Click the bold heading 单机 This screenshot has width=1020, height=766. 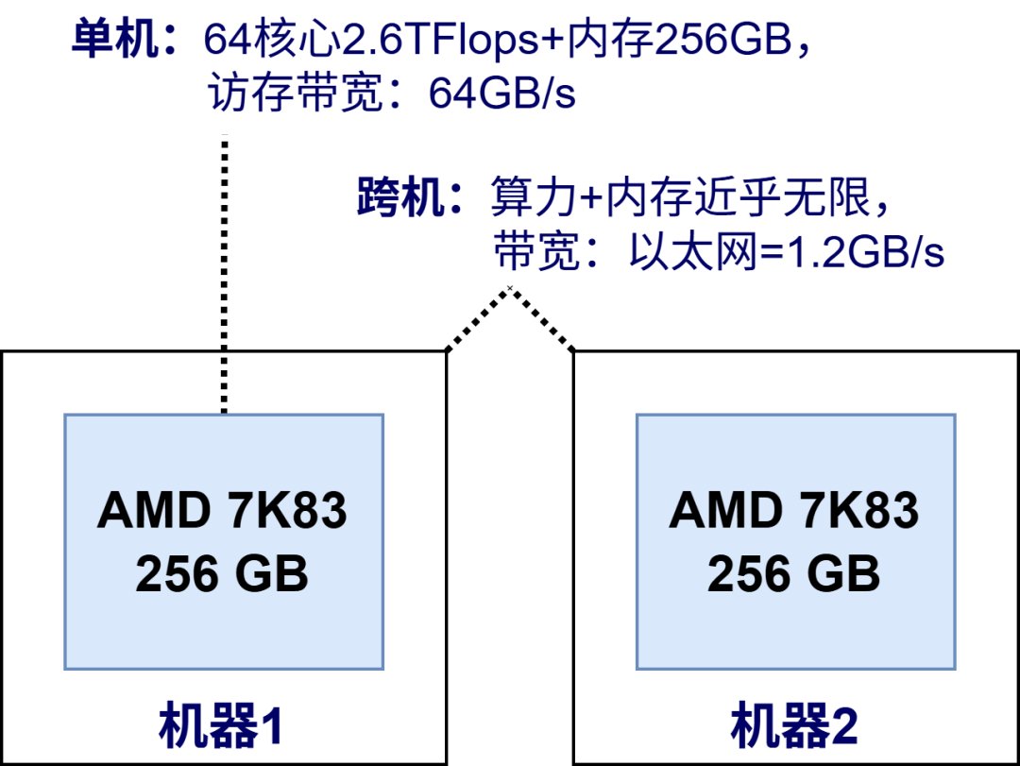(114, 39)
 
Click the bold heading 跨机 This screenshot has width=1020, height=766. (400, 196)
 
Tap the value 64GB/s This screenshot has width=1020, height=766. (501, 94)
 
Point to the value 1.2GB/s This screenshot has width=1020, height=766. (865, 252)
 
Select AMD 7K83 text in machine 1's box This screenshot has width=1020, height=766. (222, 510)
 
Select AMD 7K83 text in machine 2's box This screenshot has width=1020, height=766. (793, 510)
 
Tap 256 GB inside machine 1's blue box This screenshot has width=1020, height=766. (222, 574)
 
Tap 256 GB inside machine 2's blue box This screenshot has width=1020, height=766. (793, 574)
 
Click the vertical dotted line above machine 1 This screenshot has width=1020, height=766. (225, 274)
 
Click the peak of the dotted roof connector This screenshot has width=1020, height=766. (510, 288)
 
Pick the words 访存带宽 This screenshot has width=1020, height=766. (296, 93)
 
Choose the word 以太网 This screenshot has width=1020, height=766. (693, 251)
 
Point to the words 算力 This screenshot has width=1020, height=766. (534, 196)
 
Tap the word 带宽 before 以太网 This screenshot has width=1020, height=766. (536, 251)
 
